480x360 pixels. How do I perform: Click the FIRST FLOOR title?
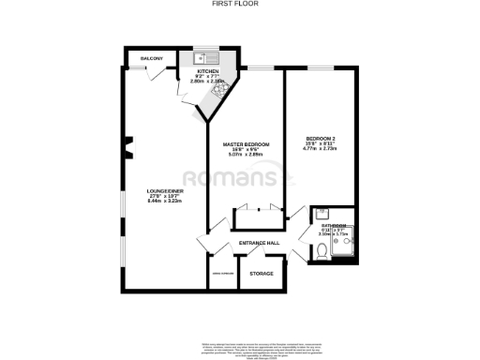pyautogui.click(x=240, y=4)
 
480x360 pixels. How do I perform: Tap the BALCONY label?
pyautogui.click(x=152, y=59)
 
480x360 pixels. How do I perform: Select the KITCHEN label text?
pyautogui.click(x=207, y=72)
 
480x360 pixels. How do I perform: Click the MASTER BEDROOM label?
pyautogui.click(x=246, y=144)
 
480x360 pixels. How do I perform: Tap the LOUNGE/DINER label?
pyautogui.click(x=164, y=191)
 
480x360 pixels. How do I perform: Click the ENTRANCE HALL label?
pyautogui.click(x=260, y=243)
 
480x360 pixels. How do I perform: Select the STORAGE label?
pyautogui.click(x=262, y=273)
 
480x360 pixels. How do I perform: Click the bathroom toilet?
pyautogui.click(x=322, y=250)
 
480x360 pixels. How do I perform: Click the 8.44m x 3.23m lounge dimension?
pyautogui.click(x=164, y=202)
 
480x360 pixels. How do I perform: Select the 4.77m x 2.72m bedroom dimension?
pyautogui.click(x=319, y=148)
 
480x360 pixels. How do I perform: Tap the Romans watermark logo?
pyautogui.click(x=240, y=178)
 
